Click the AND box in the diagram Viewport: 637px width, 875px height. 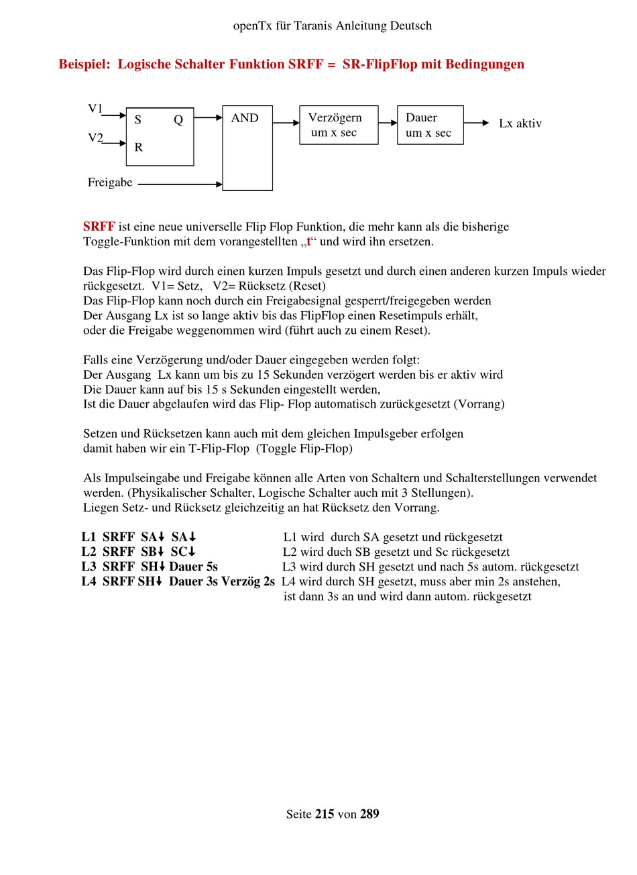tap(247, 148)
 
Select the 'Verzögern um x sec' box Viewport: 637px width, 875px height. tap(339, 125)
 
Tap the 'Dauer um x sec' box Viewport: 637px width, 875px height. tap(430, 125)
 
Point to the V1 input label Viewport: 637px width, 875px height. tap(95, 109)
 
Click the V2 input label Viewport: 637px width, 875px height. tap(95, 138)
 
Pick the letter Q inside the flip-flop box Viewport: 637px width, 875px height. tap(178, 120)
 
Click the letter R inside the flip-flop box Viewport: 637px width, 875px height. tap(139, 148)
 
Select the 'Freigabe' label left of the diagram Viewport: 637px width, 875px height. tap(110, 182)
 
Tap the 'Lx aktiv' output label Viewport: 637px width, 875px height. tap(520, 123)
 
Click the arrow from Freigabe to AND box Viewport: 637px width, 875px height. tap(180, 184)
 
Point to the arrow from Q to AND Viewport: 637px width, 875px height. tap(208, 118)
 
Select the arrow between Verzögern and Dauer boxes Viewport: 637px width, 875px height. tap(388, 123)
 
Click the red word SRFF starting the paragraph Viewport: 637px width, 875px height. tap(99, 227)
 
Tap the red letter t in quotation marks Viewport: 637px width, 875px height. tap(309, 241)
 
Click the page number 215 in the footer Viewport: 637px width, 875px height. tap(325, 814)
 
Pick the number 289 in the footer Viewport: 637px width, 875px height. tap(369, 814)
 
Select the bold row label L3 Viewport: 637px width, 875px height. tap(89, 567)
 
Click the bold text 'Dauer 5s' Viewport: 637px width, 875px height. tap(193, 567)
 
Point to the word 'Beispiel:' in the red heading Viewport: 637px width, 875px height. tap(84, 64)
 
